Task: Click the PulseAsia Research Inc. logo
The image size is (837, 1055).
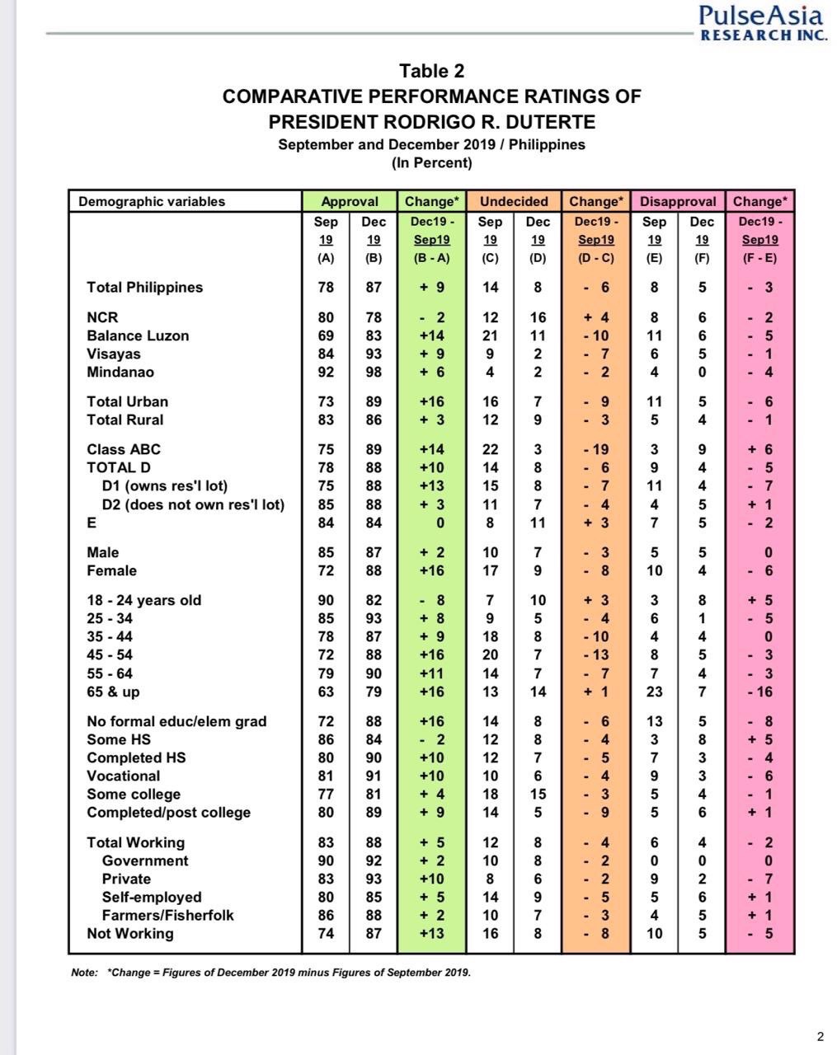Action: (761, 22)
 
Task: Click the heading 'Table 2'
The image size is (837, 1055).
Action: (431, 71)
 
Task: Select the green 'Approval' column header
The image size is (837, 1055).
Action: (350, 201)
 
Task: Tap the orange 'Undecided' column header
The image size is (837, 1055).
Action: (514, 201)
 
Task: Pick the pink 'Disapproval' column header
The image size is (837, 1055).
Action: (678, 201)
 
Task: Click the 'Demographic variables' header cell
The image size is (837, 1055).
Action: (152, 201)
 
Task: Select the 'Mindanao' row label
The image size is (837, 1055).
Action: (120, 372)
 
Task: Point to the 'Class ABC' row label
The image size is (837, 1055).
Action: (124, 449)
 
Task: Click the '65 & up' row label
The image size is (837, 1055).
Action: (113, 692)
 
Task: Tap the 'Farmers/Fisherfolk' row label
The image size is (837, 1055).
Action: (167, 915)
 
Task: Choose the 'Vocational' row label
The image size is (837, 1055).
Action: (124, 776)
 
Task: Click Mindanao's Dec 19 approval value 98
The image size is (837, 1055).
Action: (374, 372)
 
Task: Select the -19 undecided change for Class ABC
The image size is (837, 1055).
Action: (596, 449)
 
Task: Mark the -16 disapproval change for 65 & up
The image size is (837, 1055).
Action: (760, 692)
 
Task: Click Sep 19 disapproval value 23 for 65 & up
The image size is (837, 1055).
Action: (654, 692)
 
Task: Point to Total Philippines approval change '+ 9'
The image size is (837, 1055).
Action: (432, 288)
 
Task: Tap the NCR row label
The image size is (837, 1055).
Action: (102, 317)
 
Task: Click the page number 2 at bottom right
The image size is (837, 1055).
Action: (820, 1036)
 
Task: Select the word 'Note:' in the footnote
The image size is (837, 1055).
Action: (84, 973)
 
